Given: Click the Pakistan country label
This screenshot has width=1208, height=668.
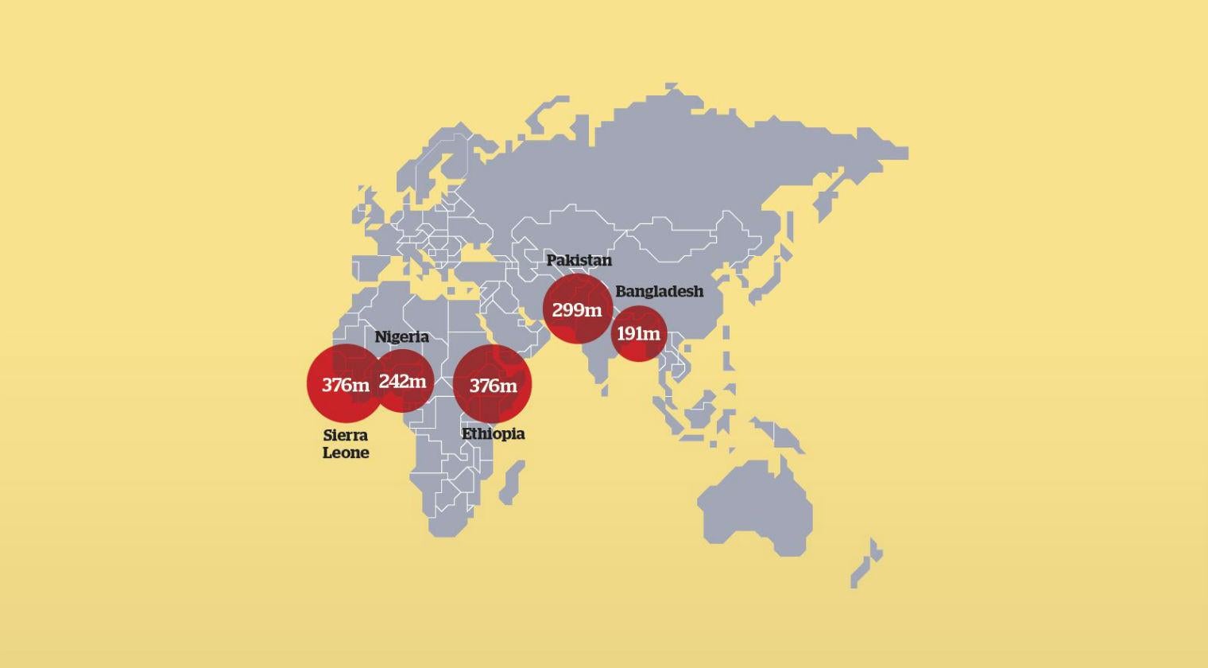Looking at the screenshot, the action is (x=579, y=260).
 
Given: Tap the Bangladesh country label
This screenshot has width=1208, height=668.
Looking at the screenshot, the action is (x=659, y=291).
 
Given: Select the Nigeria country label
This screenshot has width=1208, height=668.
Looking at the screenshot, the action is (x=401, y=336).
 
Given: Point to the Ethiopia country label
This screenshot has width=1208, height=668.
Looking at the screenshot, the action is (x=493, y=433).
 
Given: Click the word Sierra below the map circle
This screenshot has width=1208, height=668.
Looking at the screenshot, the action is (x=346, y=435).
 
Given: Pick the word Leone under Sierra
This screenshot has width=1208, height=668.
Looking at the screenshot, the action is (x=346, y=452).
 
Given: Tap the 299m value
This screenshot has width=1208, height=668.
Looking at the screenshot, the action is (x=577, y=309).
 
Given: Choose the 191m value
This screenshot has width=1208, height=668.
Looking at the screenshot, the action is (x=638, y=333).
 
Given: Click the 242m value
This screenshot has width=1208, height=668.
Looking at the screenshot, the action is (x=402, y=381).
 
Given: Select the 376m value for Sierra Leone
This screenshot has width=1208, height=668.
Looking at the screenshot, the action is (x=345, y=385).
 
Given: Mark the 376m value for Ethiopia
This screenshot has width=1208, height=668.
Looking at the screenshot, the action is (x=493, y=386).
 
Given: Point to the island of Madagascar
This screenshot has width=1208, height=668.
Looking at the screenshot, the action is (x=513, y=482).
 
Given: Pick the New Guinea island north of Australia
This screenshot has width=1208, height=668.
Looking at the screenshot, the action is (x=779, y=437).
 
